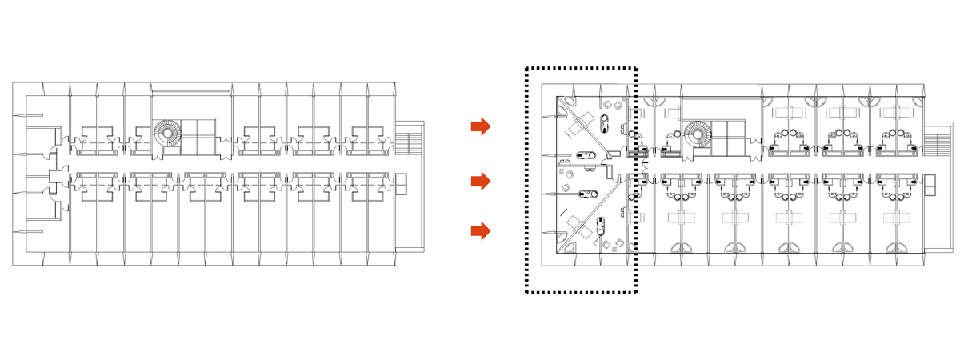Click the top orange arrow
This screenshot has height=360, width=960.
(480, 126)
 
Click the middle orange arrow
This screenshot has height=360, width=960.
(480, 182)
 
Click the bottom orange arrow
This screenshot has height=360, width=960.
(480, 232)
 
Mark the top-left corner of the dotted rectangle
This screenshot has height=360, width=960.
(527, 70)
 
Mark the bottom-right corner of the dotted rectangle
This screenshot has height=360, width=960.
(635, 293)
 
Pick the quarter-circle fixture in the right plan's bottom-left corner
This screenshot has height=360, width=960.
(562, 248)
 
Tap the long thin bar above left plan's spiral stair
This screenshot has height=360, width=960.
(191, 90)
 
